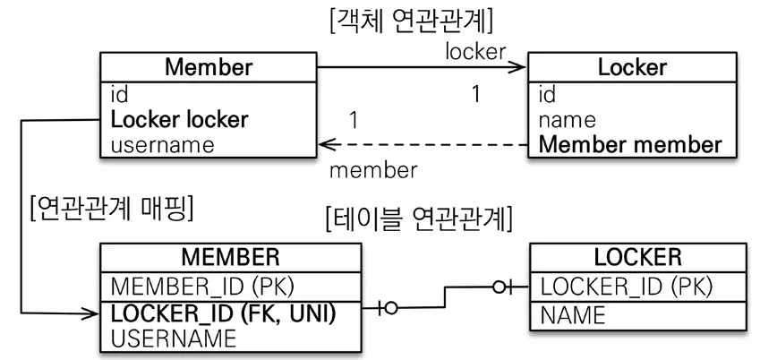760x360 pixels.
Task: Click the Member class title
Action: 209,67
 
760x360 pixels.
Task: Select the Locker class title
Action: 633,67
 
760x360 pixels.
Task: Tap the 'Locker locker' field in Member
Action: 179,119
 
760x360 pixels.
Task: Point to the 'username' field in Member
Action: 163,144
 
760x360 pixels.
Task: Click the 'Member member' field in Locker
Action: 630,144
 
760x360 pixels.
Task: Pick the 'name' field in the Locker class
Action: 568,119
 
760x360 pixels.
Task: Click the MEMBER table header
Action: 230,258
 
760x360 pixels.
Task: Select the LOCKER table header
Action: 637,258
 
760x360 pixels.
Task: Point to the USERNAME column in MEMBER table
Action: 173,338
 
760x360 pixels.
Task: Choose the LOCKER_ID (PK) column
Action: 627,287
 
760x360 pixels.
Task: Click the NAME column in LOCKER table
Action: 574,314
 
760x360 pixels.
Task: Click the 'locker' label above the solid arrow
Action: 475,51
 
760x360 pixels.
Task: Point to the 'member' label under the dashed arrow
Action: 373,169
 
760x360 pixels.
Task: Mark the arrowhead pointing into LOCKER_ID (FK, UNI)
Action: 90,313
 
